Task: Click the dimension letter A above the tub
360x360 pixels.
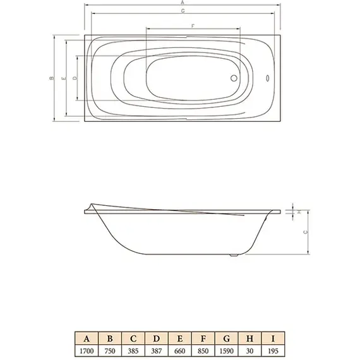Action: point(182,3)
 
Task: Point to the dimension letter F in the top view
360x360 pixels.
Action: point(193,25)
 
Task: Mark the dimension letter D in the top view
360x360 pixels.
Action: point(75,78)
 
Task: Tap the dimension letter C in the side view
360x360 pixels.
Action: point(306,232)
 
